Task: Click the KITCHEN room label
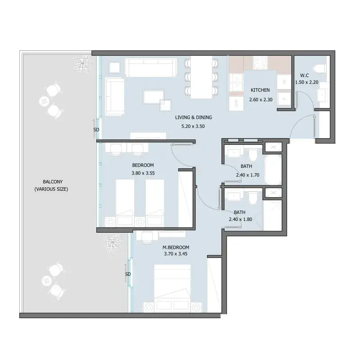pyautogui.click(x=260, y=90)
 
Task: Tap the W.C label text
pyautogui.click(x=305, y=75)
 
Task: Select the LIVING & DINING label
pyautogui.click(x=193, y=117)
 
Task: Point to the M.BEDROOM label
pyautogui.click(x=176, y=247)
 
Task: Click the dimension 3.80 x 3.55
pyautogui.click(x=143, y=173)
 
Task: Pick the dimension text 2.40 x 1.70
pyautogui.click(x=247, y=175)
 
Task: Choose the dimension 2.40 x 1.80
pyautogui.click(x=240, y=219)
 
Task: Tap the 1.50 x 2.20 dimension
pyautogui.click(x=307, y=82)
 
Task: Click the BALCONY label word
pyautogui.click(x=53, y=182)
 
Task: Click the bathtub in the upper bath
pyautogui.click(x=273, y=170)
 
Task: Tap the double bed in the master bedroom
pyautogui.click(x=172, y=288)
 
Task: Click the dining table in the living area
pyautogui.click(x=201, y=77)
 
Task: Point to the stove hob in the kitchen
pyautogui.click(x=261, y=63)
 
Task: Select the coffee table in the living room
pyautogui.click(x=153, y=97)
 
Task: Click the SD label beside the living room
pyautogui.click(x=96, y=130)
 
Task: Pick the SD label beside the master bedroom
pyautogui.click(x=128, y=274)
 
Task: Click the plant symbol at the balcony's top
pyautogui.click(x=81, y=64)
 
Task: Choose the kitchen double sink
pyautogui.click(x=236, y=83)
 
